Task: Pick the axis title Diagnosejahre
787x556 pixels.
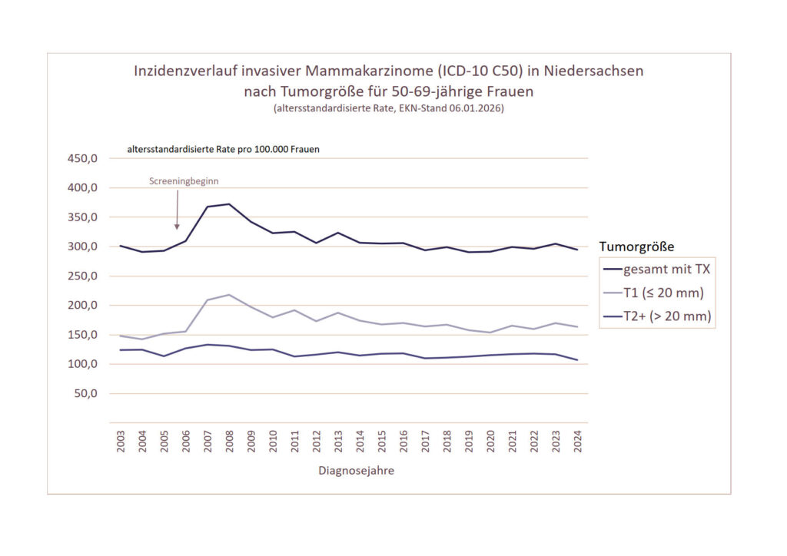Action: point(356,471)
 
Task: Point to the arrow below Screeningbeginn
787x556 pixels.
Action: point(178,209)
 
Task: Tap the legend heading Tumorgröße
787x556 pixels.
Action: point(636,247)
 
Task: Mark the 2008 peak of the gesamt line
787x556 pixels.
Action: point(229,204)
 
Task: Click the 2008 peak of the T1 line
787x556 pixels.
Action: point(229,295)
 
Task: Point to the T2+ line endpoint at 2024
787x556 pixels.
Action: point(576,360)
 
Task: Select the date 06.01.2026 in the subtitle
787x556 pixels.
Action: point(477,109)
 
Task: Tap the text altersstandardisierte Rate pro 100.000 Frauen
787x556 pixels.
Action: point(224,150)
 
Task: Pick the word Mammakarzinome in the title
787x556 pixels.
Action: point(369,71)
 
